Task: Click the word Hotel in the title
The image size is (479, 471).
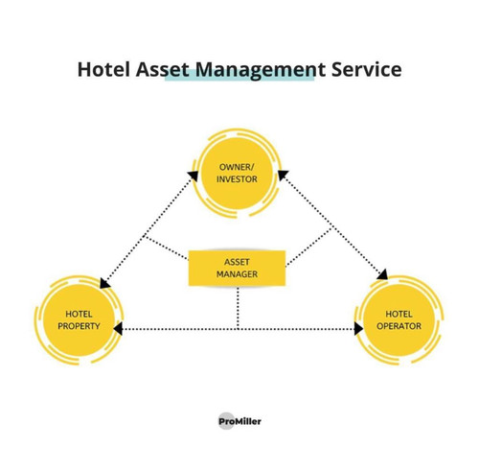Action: pos(104,69)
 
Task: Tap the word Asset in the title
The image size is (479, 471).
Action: pos(162,69)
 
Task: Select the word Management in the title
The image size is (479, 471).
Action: pos(261,70)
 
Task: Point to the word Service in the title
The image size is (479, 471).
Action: pos(366,69)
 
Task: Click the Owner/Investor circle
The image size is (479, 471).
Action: pos(237,174)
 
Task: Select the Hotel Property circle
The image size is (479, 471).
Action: pos(79,320)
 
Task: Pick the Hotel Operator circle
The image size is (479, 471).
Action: pos(399,320)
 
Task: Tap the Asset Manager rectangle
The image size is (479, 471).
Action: pos(237,268)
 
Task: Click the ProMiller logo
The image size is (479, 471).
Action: pos(239,421)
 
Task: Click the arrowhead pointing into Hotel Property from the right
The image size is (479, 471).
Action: pos(118,329)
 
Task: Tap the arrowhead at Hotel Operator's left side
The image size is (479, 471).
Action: pos(358,329)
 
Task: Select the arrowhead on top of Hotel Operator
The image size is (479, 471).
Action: pos(383,274)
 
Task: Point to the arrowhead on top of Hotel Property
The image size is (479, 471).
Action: pos(104,283)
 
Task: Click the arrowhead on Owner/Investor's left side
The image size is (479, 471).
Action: pos(193,176)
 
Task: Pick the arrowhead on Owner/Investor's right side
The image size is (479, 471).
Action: pos(283,175)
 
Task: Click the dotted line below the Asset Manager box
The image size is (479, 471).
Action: pos(238,308)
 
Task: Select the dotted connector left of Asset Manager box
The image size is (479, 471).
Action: pos(166,247)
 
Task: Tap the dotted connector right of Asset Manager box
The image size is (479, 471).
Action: pos(308,247)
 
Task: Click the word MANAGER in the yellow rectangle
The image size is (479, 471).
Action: pos(237,274)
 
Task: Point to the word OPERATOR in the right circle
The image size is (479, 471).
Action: pos(399,326)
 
